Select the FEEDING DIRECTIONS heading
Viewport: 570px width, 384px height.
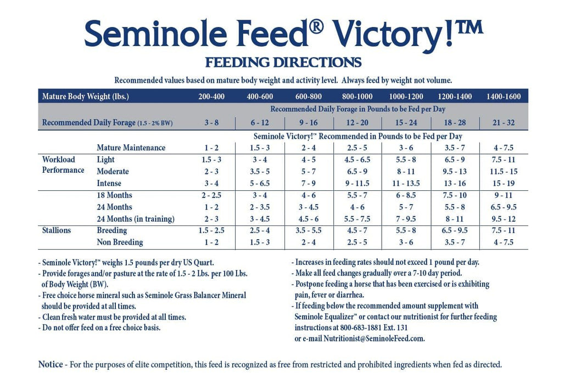point(283,62)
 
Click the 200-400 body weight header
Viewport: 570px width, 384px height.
point(211,97)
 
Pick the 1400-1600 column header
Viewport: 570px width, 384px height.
point(503,97)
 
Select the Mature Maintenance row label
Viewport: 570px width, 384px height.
point(131,148)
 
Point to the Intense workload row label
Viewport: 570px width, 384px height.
point(109,183)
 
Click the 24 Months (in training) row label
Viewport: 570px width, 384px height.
point(135,219)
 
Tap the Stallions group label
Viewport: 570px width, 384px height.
point(57,230)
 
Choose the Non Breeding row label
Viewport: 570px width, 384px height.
point(120,242)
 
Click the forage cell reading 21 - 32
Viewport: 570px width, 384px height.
point(503,122)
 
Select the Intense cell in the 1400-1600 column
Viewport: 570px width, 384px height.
point(503,183)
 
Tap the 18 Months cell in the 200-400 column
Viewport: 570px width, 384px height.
point(211,195)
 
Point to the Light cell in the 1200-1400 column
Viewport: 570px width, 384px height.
point(455,160)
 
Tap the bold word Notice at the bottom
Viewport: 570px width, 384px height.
point(50,364)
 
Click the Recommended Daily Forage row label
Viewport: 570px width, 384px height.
point(107,122)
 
